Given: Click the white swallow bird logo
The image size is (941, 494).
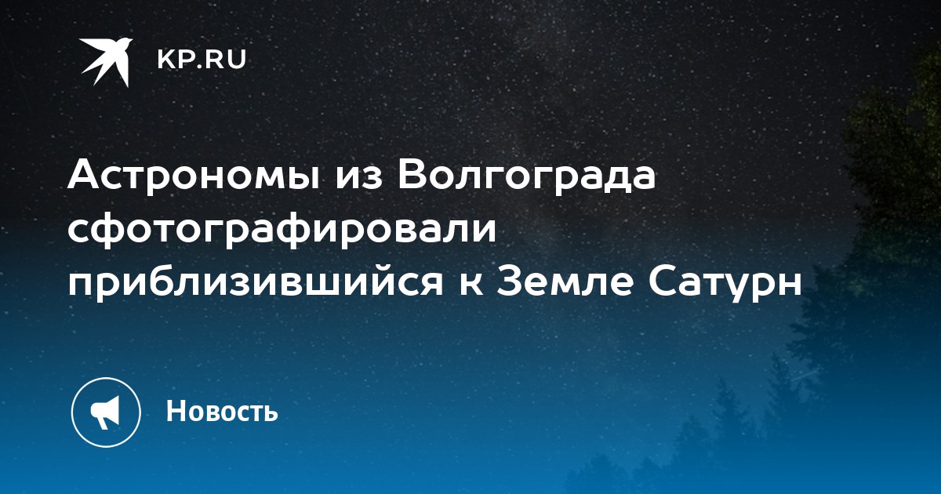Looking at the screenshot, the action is click(x=106, y=62).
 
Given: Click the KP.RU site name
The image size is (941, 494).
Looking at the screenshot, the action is click(x=202, y=60).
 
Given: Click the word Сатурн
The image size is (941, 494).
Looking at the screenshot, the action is click(x=725, y=284).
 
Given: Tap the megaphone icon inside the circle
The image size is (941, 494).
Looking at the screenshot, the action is click(x=105, y=412).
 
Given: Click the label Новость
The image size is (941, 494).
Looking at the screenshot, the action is click(x=222, y=410).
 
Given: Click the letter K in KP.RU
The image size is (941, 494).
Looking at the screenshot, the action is click(x=166, y=60).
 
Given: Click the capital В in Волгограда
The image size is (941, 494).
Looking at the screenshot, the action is click(x=412, y=175).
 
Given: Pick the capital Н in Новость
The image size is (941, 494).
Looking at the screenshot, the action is click(x=176, y=410).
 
